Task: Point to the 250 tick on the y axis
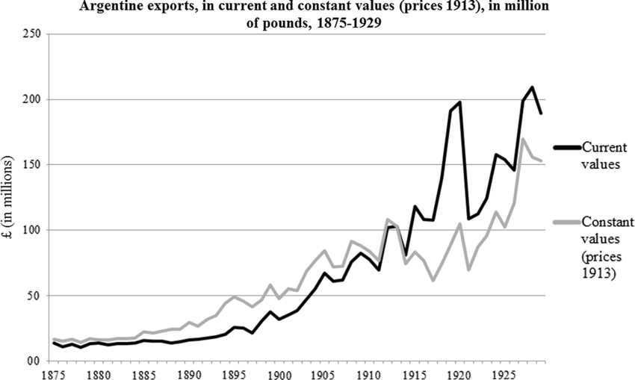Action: [34, 34]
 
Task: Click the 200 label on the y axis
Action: [34, 99]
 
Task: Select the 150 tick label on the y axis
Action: [34, 165]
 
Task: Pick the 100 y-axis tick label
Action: [34, 230]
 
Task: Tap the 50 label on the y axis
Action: [37, 296]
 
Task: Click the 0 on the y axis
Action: [40, 361]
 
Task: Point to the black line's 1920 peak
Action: [459, 102]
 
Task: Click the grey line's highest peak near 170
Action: [523, 139]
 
